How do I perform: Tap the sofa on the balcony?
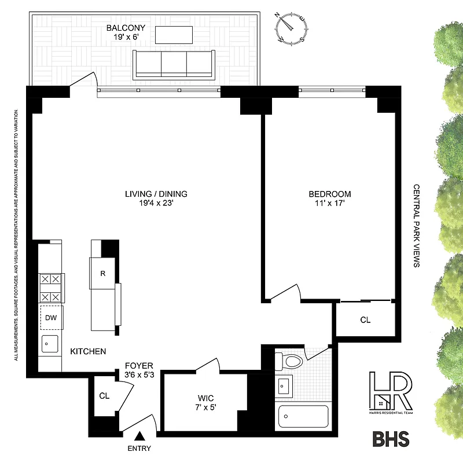click(x=174, y=64)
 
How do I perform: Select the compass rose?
click(x=289, y=27)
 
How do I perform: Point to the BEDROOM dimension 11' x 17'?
click(x=329, y=204)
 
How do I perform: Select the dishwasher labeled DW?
click(x=51, y=317)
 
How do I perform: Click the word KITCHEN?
click(x=88, y=351)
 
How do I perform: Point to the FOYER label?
click(x=139, y=366)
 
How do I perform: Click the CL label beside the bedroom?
click(x=365, y=319)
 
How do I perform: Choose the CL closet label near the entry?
click(x=104, y=396)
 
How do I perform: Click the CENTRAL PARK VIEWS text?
click(x=416, y=226)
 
